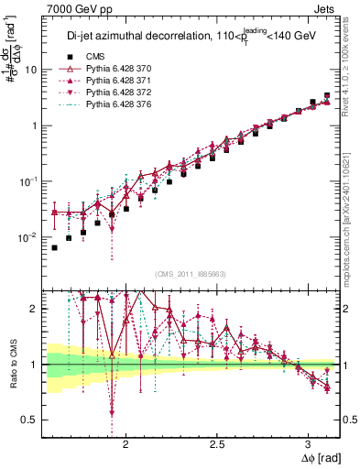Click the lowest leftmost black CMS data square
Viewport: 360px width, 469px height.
point(55,248)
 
